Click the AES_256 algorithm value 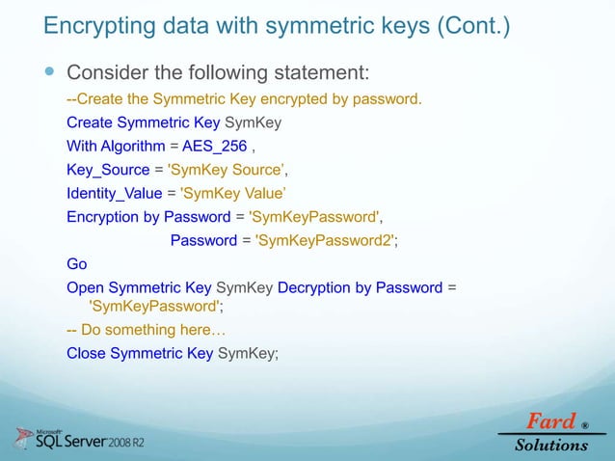coord(214,147)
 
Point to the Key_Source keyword coord(108,170)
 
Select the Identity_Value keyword coord(115,193)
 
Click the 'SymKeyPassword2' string coord(325,240)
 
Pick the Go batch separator coord(76,263)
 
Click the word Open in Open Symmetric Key coord(85,286)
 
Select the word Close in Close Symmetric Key coord(86,353)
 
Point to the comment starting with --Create coord(244,99)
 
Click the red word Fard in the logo coord(548,421)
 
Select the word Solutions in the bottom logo coord(551,445)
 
